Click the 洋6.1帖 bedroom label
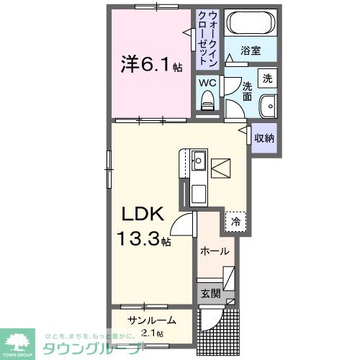coord(150,66)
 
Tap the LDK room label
coord(148,214)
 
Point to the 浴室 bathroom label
coord(250,52)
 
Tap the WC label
coord(207,82)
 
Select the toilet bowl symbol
coord(208,102)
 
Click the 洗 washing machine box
coord(267,78)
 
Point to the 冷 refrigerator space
coord(235,222)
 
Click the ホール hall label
coord(215,251)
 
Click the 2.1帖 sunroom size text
coord(152,333)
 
